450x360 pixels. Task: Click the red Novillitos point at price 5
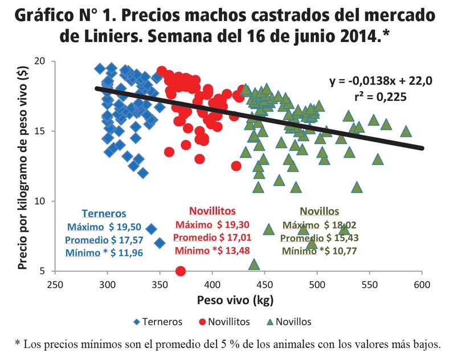pyautogui.click(x=181, y=271)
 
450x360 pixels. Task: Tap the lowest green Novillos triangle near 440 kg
pyautogui.click(x=254, y=264)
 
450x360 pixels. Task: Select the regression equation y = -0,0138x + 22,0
pyautogui.click(x=381, y=81)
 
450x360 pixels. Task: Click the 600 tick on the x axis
pyautogui.click(x=422, y=284)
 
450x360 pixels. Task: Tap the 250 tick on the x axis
pyautogui.click(x=55, y=284)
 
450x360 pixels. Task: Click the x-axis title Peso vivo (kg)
pyautogui.click(x=238, y=300)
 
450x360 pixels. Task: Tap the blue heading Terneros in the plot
pyautogui.click(x=104, y=214)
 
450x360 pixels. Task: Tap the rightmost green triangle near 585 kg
pyautogui.click(x=406, y=132)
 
